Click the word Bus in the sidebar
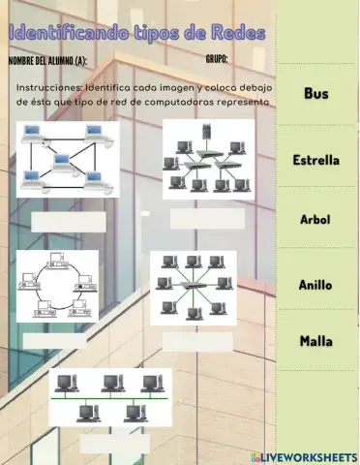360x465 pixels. click(x=315, y=93)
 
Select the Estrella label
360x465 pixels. click(x=315, y=160)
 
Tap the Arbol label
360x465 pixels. click(x=315, y=220)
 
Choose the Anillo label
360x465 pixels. click(x=315, y=286)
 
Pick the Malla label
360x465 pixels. click(x=315, y=341)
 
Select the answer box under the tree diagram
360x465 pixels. click(x=207, y=219)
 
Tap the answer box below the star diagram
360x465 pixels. click(x=197, y=340)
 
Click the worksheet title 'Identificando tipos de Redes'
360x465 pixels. click(x=136, y=34)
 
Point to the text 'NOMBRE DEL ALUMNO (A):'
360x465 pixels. click(x=46, y=61)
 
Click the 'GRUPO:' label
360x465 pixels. click(x=217, y=59)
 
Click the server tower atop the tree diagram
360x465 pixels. click(x=205, y=130)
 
